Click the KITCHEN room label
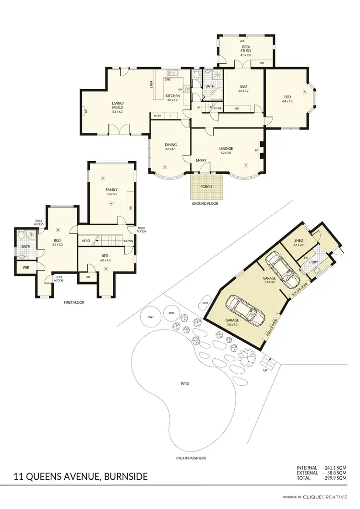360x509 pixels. [173, 95]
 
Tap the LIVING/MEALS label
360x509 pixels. [118, 105]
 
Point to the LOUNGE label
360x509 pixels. [226, 148]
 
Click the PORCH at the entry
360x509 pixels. [207, 187]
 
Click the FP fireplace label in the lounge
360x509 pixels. [257, 150]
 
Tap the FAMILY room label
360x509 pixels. [111, 189]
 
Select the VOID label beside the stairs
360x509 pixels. [86, 241]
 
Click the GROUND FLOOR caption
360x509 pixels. [205, 203]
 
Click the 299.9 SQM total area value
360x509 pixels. [336, 478]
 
